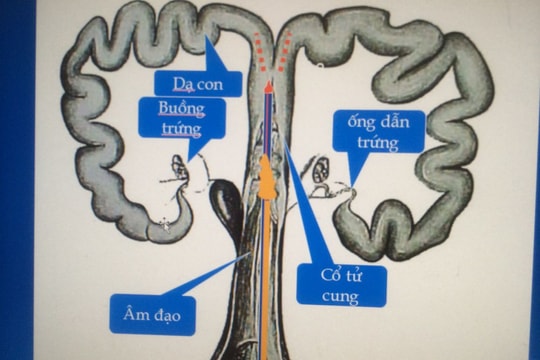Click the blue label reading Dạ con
coord(197,84)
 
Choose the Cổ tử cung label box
coord(341,284)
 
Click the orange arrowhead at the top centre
coord(268,86)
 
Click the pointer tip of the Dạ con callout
coord(207,38)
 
